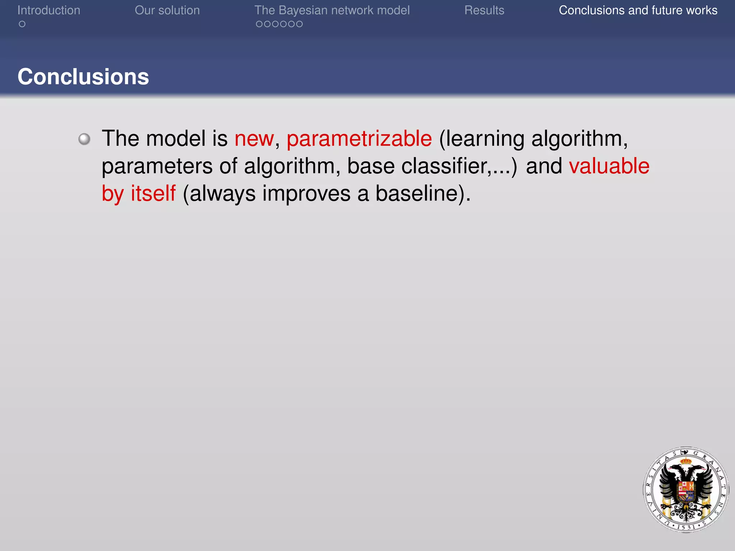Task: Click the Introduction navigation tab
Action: [49, 10]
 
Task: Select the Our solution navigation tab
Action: [167, 10]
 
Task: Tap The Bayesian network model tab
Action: [332, 10]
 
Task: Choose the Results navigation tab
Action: [484, 10]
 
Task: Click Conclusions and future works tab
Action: [638, 10]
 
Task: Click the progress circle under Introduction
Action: [22, 24]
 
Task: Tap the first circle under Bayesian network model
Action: [259, 24]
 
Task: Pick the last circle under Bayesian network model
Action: [299, 24]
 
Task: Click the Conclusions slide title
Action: [83, 77]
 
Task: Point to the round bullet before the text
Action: [84, 139]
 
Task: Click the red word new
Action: [254, 139]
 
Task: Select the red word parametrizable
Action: [359, 139]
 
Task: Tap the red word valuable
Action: [609, 166]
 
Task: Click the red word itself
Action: [153, 194]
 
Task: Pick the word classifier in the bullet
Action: [445, 166]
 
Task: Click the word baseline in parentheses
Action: [418, 194]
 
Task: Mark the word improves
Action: [306, 194]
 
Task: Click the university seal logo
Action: [686, 489]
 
